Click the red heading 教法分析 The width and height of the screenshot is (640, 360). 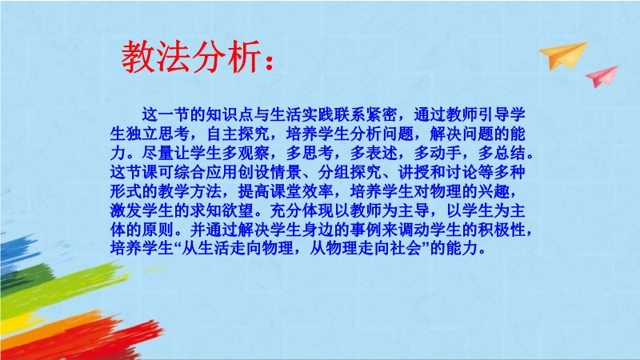click(190, 57)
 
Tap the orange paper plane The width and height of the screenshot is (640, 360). click(563, 55)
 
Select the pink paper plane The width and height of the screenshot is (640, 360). click(602, 76)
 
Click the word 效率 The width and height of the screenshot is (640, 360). click(318, 191)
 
